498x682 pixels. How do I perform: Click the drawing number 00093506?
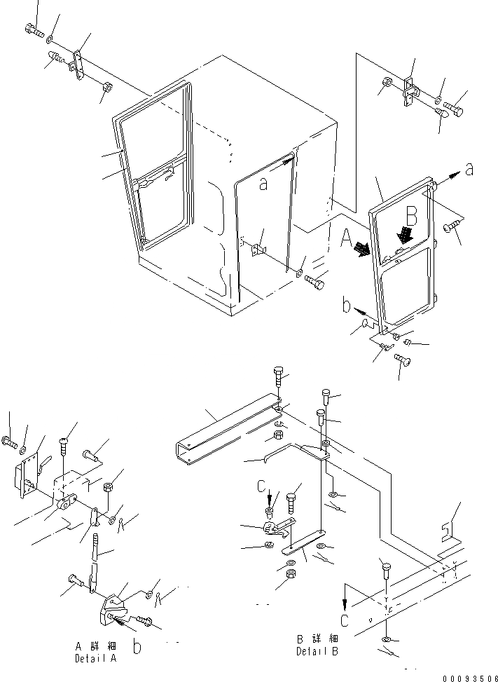pos(469,677)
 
